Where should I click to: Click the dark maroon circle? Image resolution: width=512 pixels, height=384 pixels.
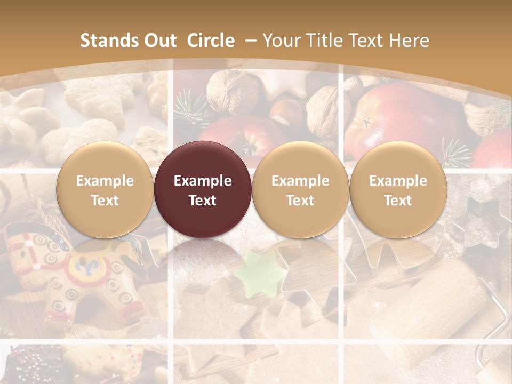(202, 190)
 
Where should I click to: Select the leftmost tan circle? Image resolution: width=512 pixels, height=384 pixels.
(105, 190)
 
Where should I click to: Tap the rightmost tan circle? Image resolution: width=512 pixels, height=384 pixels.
(398, 190)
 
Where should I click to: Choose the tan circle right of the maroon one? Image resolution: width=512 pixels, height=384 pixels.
(300, 190)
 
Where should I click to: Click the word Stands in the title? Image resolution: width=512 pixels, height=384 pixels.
(109, 41)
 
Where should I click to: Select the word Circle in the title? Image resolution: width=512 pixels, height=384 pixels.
(211, 41)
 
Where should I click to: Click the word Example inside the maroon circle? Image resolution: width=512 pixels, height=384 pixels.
(202, 181)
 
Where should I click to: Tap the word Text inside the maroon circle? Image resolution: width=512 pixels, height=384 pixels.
(202, 201)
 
